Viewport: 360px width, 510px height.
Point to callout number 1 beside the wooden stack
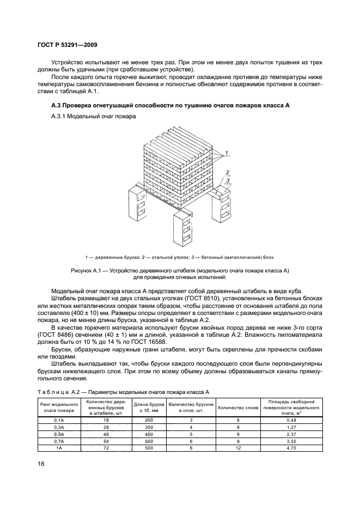[x=226, y=150]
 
